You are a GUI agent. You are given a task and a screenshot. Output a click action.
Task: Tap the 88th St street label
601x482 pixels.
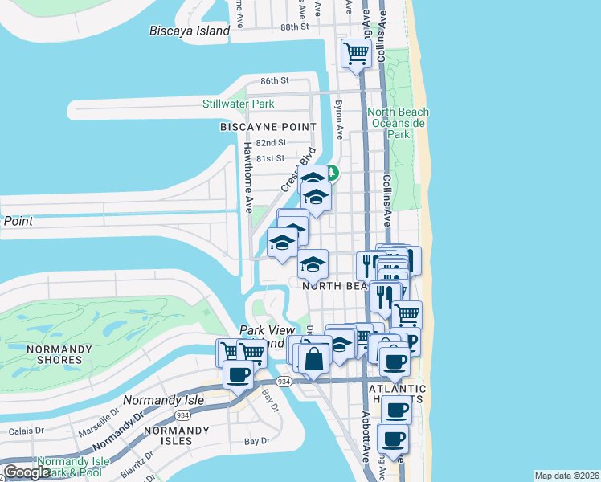(x=295, y=27)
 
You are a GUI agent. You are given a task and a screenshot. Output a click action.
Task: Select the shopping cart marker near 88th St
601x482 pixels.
(x=356, y=54)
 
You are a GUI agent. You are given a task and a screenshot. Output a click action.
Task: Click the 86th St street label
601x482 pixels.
(x=274, y=81)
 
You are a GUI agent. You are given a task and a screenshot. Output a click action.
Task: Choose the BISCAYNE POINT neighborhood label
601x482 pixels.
(x=268, y=127)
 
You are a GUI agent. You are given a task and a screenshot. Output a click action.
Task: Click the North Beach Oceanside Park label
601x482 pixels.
(x=399, y=124)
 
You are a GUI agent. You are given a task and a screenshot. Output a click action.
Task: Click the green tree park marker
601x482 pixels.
(x=330, y=172)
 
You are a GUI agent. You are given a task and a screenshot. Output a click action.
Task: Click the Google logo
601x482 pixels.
(x=26, y=472)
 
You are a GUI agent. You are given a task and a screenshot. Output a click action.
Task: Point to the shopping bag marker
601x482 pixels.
(x=314, y=357)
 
